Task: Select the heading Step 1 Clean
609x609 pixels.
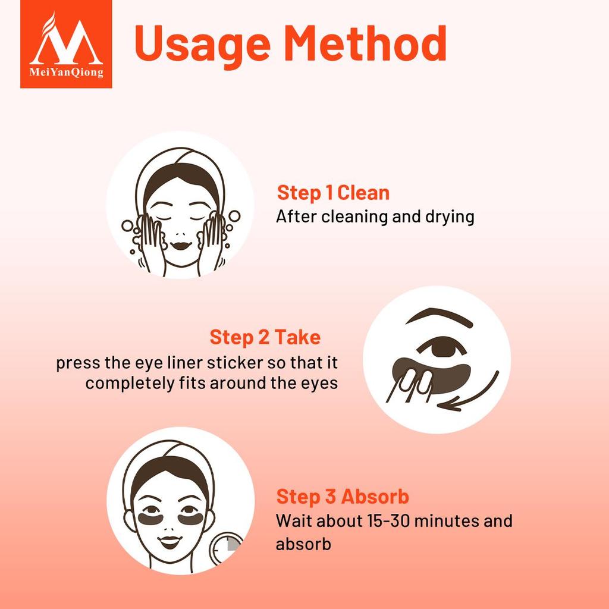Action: (x=333, y=193)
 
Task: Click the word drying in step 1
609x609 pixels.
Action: (x=447, y=216)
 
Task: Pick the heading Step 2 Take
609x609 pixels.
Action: (x=265, y=337)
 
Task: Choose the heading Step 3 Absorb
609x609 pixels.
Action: (x=343, y=497)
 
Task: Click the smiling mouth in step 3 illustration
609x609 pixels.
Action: (x=169, y=542)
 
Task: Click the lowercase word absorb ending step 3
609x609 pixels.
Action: (x=303, y=544)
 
